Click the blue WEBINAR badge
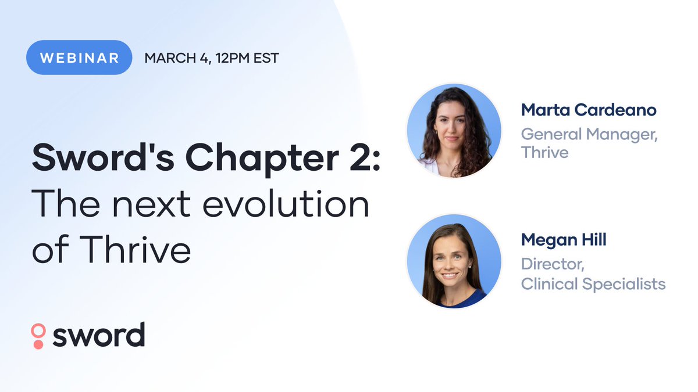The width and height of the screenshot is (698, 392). [79, 57]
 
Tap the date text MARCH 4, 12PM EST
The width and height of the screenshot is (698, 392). [212, 58]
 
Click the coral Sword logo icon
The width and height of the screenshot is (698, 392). [38, 336]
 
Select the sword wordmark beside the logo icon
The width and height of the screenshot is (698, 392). [98, 335]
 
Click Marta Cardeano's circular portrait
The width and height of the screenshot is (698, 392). [454, 131]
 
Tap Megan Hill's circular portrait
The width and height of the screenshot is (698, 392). [454, 261]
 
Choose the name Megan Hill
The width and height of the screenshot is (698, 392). [564, 239]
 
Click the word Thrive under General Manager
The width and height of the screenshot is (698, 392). [544, 152]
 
